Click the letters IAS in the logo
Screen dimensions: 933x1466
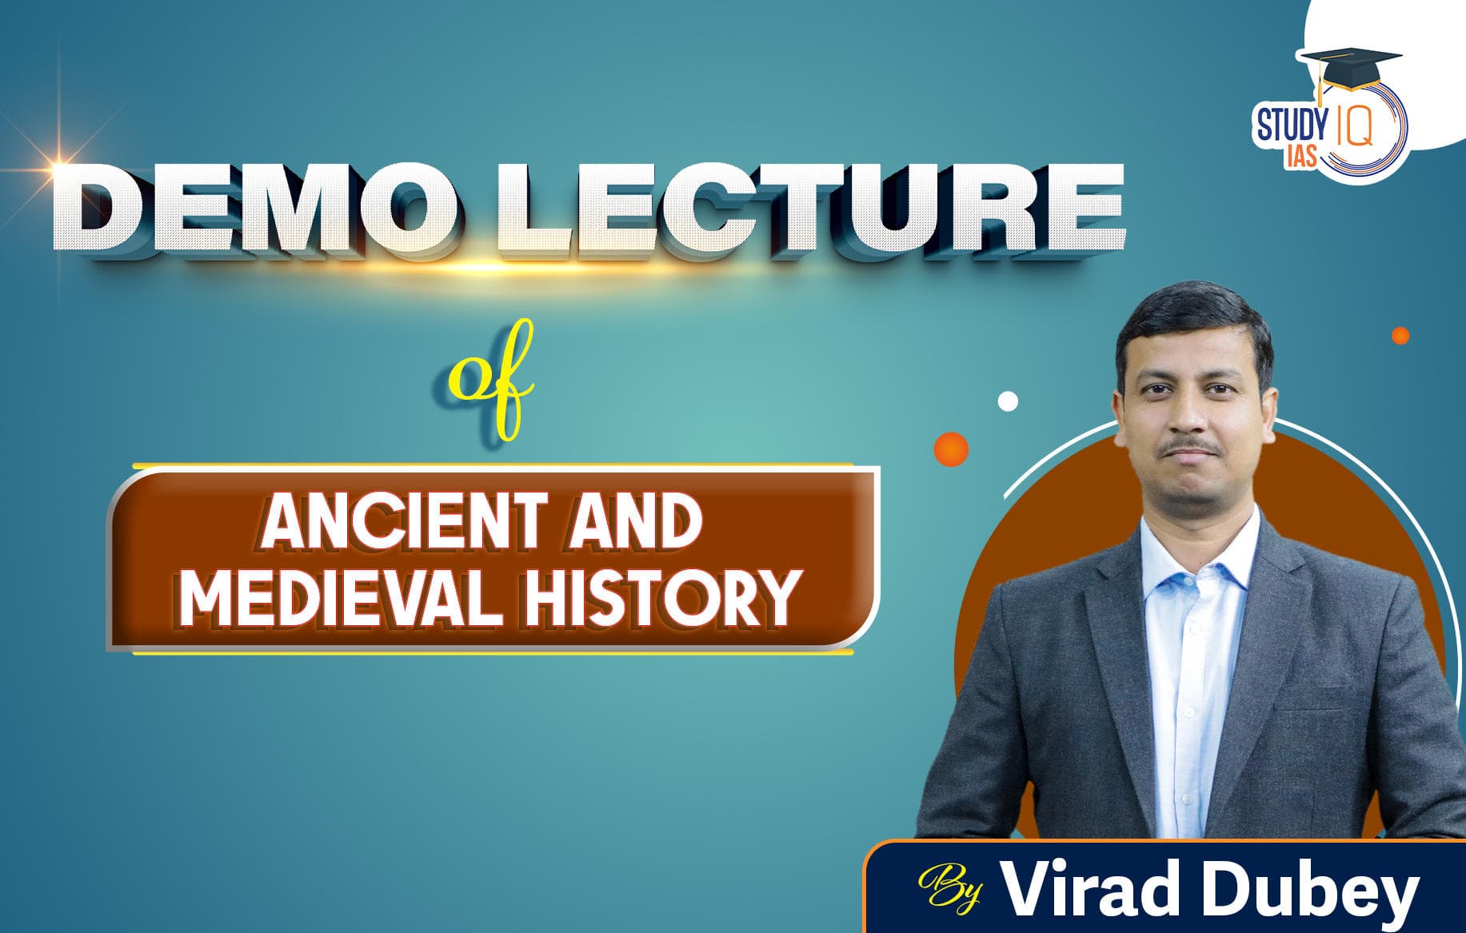[x=1300, y=157]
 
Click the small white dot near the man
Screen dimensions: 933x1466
[x=1009, y=401]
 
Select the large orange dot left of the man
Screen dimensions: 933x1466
[x=951, y=449]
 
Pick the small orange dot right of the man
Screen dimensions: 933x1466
[x=1400, y=336]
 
